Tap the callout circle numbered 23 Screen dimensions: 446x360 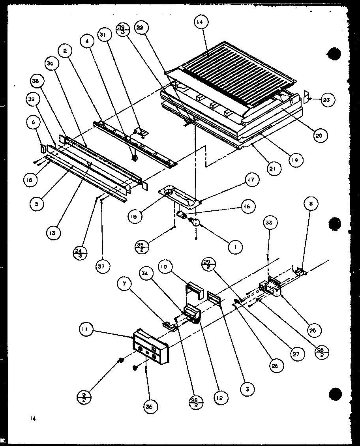click(x=326, y=100)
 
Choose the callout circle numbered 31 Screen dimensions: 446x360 click(x=103, y=35)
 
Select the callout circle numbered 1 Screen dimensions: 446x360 click(x=236, y=247)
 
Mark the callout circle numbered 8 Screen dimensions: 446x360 click(x=311, y=204)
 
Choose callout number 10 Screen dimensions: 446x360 click(x=165, y=267)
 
